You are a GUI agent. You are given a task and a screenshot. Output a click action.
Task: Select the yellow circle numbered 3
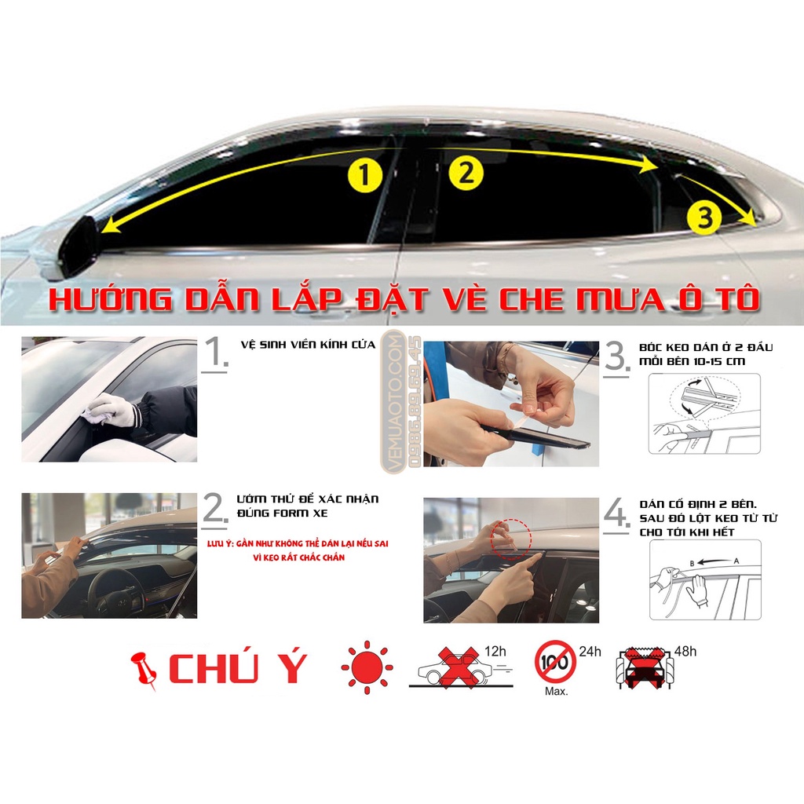[x=704, y=217]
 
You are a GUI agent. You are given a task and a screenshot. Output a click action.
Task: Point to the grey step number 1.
[x=213, y=354]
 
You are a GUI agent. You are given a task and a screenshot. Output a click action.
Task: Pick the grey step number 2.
[x=214, y=509]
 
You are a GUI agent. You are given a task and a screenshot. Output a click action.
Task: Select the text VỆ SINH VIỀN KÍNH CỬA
[x=309, y=345]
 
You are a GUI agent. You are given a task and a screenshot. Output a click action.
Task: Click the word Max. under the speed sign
[x=555, y=692]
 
